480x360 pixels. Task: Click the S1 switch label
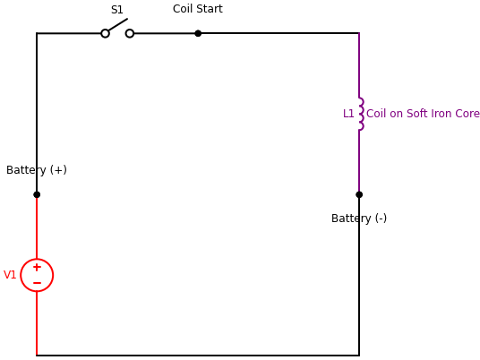click(x=117, y=11)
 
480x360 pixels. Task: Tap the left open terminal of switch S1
click(x=105, y=33)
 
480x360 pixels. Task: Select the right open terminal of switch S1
click(x=130, y=33)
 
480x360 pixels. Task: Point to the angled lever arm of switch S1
click(x=117, y=24)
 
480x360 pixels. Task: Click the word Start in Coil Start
click(x=210, y=9)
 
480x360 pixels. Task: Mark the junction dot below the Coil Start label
click(x=198, y=33)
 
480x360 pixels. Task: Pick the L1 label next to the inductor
click(x=348, y=114)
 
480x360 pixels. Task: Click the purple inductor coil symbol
click(x=360, y=114)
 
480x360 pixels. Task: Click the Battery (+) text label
click(x=37, y=170)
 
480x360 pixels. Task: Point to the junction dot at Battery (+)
click(x=37, y=194)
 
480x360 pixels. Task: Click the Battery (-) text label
click(x=359, y=219)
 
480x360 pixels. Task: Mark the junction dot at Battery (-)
click(x=359, y=194)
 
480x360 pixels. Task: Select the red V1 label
click(x=10, y=275)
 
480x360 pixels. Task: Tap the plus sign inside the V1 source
click(x=37, y=267)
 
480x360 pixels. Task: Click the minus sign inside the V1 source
click(x=37, y=283)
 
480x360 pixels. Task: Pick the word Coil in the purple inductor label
click(x=376, y=114)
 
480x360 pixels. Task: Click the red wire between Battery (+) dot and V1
click(x=37, y=227)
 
